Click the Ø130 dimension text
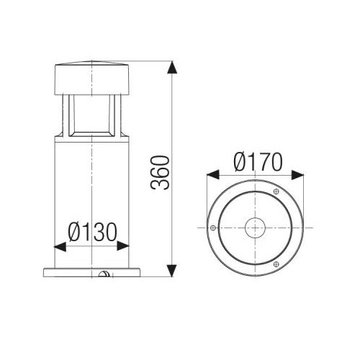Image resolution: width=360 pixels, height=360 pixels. (x=93, y=232)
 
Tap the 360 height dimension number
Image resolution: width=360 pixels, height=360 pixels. (x=162, y=172)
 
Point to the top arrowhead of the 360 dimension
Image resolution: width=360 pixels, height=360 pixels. (x=171, y=68)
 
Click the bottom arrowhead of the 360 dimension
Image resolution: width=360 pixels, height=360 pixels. (x=171, y=270)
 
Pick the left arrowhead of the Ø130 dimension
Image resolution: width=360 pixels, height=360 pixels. (x=60, y=246)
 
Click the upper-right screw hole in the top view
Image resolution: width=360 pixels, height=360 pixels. (x=276, y=192)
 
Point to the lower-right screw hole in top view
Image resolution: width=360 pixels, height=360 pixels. (x=276, y=264)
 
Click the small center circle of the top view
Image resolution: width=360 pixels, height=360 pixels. (x=255, y=228)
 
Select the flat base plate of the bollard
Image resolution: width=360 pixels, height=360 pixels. (x=91, y=271)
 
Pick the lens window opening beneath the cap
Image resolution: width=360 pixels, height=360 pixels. (x=91, y=115)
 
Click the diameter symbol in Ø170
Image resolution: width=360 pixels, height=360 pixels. (x=240, y=163)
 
